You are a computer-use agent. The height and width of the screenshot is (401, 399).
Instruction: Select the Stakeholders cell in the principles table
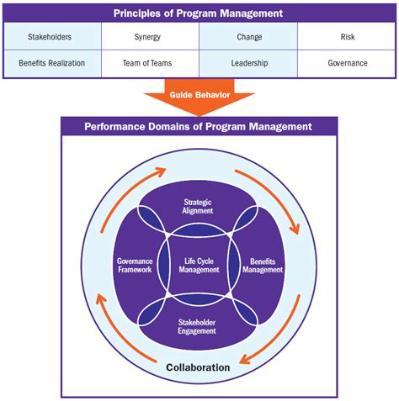click(51, 37)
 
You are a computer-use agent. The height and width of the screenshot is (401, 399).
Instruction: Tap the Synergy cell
click(150, 37)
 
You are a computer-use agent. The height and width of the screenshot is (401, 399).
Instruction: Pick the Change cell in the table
click(248, 37)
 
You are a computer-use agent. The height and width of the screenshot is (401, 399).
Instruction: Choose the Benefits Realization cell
click(51, 63)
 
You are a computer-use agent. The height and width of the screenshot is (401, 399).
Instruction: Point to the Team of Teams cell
click(150, 63)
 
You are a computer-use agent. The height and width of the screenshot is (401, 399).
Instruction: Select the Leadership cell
click(248, 63)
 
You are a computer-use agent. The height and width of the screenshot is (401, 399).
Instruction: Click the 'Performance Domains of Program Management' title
click(199, 127)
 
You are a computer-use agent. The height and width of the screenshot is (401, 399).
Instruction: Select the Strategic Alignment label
click(199, 207)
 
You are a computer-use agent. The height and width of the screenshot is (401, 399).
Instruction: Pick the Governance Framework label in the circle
click(134, 266)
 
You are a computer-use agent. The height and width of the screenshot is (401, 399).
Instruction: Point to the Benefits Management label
click(263, 266)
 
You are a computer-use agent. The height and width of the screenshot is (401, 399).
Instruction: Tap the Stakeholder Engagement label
click(199, 327)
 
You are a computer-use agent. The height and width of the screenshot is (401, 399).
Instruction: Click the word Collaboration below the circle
click(199, 367)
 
